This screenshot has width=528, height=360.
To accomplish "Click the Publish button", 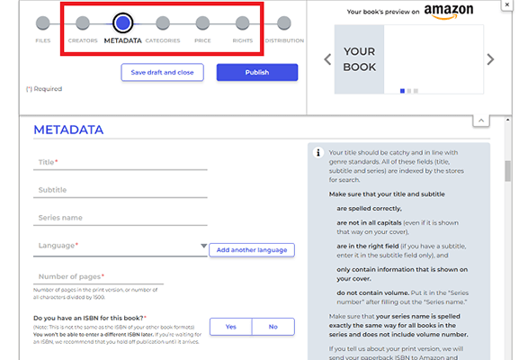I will [256, 72].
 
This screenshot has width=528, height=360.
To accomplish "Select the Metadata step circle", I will [122, 23].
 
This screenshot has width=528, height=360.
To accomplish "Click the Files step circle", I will [43, 23].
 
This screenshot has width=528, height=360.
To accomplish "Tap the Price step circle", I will [202, 23].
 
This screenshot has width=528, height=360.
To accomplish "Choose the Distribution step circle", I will [283, 23].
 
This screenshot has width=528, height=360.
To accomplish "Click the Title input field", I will [121, 162].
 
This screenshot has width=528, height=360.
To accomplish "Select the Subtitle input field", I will [121, 190].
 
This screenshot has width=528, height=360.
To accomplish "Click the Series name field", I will [121, 218].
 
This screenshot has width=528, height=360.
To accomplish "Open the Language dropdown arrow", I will [203, 245].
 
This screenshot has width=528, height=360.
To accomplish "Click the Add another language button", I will [252, 249].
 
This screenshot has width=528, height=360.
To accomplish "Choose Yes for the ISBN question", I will [231, 327].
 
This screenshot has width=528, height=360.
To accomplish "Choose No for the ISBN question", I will [273, 327].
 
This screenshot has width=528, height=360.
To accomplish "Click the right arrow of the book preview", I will [490, 59].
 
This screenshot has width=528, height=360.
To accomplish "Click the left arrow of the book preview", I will [327, 59].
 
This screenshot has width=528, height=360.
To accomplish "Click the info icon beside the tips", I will [318, 153].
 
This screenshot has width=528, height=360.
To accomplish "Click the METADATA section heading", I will [68, 130].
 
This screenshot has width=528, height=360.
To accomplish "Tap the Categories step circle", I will [162, 23].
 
